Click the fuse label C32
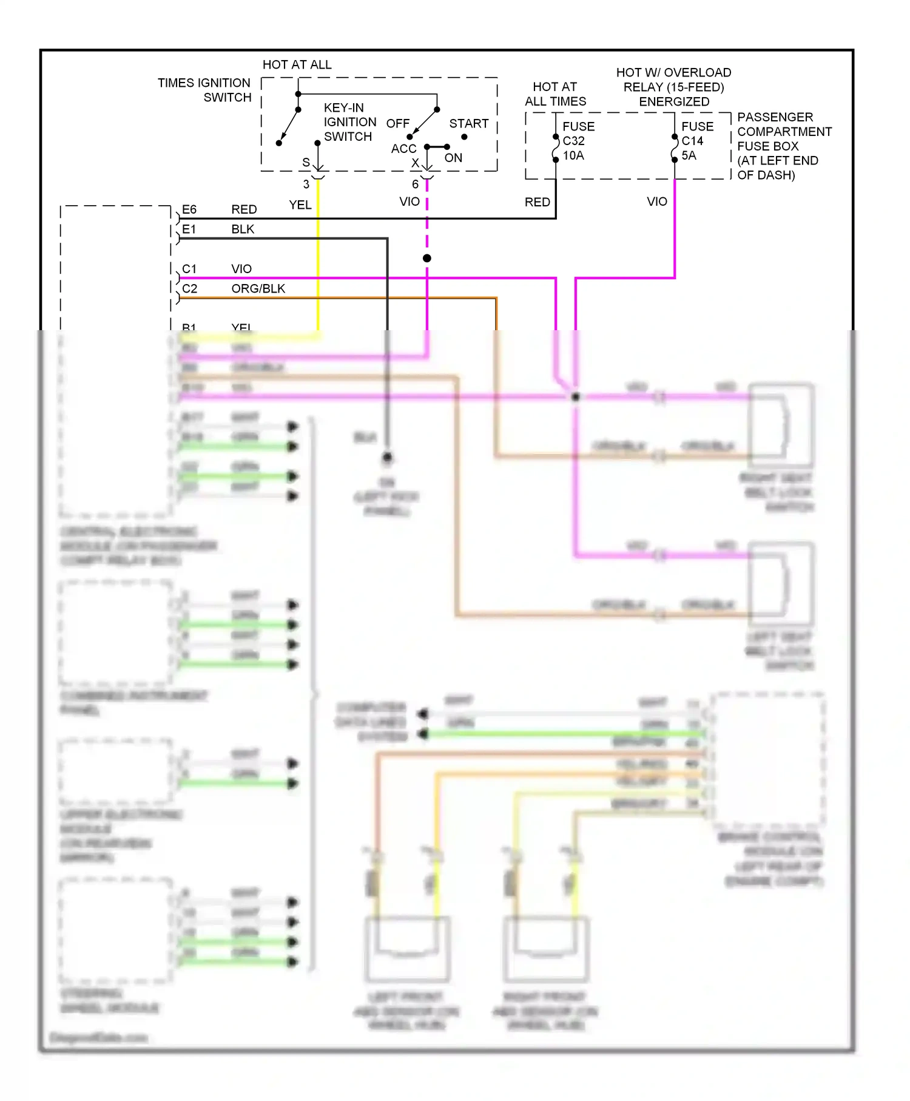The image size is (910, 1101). click(573, 141)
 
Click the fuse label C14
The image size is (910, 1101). click(692, 141)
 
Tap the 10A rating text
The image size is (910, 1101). click(573, 155)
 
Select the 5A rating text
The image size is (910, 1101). click(689, 155)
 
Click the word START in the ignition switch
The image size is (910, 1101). click(468, 123)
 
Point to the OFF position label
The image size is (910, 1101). click(398, 123)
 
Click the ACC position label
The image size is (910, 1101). click(403, 149)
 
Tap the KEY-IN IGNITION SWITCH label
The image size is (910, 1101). click(349, 122)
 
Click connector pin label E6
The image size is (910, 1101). click(189, 209)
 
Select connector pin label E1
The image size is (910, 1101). click(189, 229)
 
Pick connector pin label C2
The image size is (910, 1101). click(189, 289)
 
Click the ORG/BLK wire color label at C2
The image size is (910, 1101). click(258, 289)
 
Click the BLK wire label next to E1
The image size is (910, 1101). click(243, 229)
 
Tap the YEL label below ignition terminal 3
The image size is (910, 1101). click(300, 205)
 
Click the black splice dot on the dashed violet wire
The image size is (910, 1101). click(427, 259)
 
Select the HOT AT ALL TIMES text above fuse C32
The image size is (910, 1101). click(555, 94)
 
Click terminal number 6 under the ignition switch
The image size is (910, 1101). click(415, 184)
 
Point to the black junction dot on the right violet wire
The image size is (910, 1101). click(575, 397)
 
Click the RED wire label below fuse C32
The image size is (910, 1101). click(538, 202)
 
